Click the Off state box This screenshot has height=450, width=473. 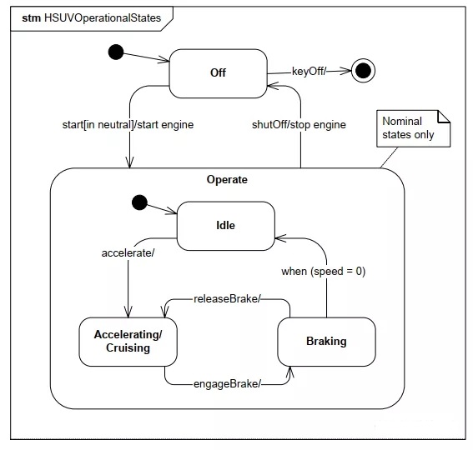[218, 73]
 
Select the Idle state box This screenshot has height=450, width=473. [225, 226]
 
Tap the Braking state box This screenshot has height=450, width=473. [326, 342]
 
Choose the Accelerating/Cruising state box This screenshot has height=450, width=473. [128, 342]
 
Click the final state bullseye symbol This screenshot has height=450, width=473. [363, 71]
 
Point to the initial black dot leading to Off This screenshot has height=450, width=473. [116, 52]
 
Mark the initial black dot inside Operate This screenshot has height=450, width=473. [139, 202]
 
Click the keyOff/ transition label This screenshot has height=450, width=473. [309, 72]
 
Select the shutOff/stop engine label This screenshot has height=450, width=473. [299, 124]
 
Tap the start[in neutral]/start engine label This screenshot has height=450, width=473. [128, 124]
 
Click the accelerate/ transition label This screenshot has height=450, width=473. [128, 252]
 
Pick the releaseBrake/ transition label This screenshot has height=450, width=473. [227, 298]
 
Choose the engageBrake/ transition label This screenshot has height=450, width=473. [227, 383]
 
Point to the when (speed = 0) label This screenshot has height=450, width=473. [324, 272]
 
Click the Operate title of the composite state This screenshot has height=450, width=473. [227, 180]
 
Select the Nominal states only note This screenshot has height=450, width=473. [413, 128]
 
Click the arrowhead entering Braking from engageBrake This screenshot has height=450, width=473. [290, 372]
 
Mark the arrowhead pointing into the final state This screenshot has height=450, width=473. [346, 71]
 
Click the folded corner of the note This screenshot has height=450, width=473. [444, 117]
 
